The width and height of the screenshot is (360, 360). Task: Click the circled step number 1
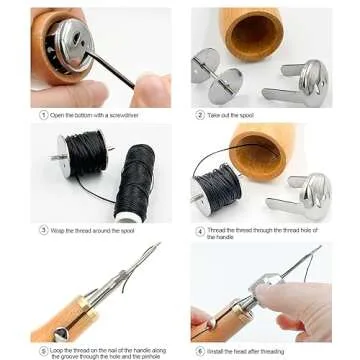point(43,115)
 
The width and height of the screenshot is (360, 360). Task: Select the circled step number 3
point(43,230)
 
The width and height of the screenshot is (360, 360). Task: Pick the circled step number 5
point(43,352)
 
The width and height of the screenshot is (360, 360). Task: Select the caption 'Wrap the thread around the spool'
point(98,230)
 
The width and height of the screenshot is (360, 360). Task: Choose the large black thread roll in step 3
point(135,181)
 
